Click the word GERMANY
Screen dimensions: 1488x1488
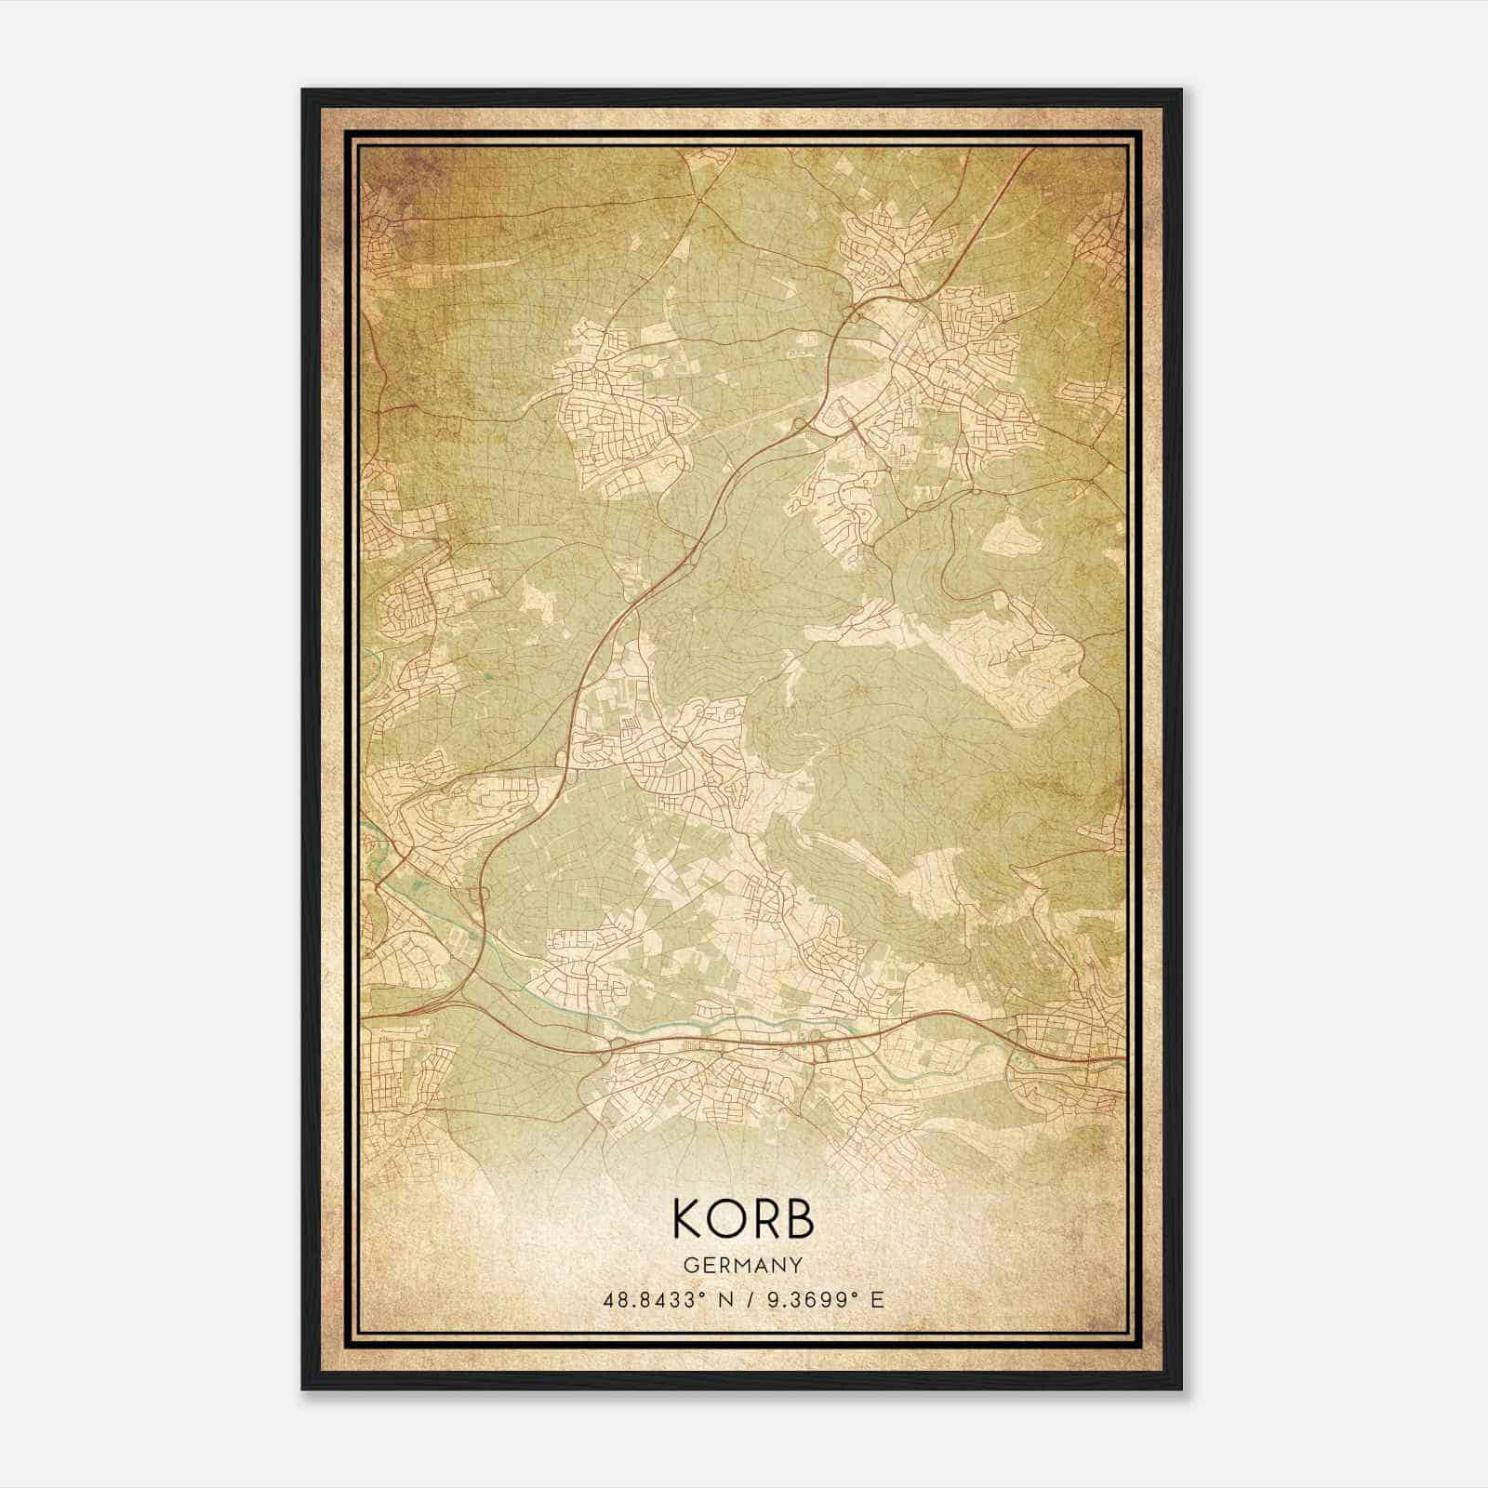pyautogui.click(x=742, y=1265)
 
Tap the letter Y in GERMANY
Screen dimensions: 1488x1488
pyautogui.click(x=795, y=1265)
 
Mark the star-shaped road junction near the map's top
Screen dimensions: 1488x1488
pyautogui.click(x=696, y=197)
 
